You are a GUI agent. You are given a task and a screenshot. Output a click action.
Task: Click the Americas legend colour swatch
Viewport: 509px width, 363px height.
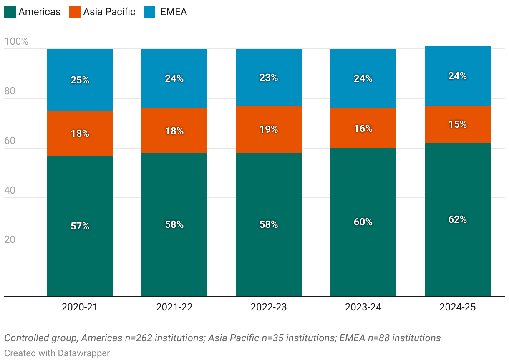click(x=10, y=12)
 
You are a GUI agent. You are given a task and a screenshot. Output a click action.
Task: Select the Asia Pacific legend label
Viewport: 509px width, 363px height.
click(x=109, y=12)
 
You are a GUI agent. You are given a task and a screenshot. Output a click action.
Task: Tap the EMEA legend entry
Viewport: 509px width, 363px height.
click(x=174, y=12)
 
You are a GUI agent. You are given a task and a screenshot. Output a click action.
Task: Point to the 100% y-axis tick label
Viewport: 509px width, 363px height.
click(x=16, y=42)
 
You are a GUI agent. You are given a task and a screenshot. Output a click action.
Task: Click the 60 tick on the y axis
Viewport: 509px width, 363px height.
click(x=10, y=141)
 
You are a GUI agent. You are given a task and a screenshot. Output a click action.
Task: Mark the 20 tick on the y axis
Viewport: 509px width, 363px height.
click(x=10, y=239)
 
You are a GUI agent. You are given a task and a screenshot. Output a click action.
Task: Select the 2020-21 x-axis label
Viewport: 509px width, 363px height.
click(x=79, y=308)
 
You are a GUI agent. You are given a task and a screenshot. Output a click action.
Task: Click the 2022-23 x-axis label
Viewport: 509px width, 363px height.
click(x=269, y=308)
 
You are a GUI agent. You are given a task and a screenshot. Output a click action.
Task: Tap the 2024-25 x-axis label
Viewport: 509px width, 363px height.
click(x=457, y=308)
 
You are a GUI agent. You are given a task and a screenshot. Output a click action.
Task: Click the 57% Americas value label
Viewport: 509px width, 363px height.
click(x=80, y=226)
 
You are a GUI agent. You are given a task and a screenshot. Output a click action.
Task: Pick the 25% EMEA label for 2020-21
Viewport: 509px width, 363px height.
click(x=80, y=80)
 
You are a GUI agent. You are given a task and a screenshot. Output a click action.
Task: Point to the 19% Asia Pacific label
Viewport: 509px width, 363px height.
click(x=269, y=129)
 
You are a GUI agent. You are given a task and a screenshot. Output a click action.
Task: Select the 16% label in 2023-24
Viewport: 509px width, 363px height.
click(x=363, y=129)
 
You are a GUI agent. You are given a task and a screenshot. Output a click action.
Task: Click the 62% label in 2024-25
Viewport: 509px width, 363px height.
click(x=457, y=219)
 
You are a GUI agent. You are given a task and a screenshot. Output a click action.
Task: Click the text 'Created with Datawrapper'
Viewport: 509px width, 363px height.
click(x=57, y=353)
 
